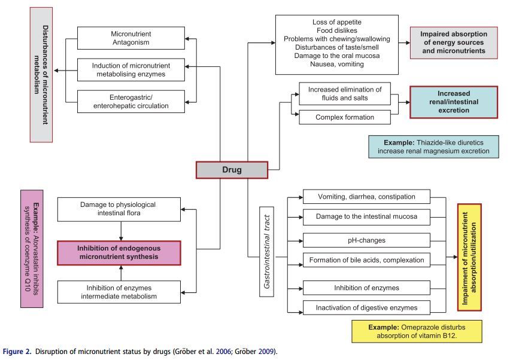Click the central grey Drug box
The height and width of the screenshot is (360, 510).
click(x=231, y=170)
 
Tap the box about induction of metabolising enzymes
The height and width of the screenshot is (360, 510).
click(x=130, y=70)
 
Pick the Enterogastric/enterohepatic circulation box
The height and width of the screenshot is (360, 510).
click(x=130, y=101)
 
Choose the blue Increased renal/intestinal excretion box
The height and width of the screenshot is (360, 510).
click(x=453, y=103)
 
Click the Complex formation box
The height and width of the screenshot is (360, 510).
click(x=344, y=117)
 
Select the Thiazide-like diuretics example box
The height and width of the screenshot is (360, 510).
click(x=433, y=147)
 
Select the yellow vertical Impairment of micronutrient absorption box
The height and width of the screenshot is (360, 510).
click(x=470, y=257)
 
